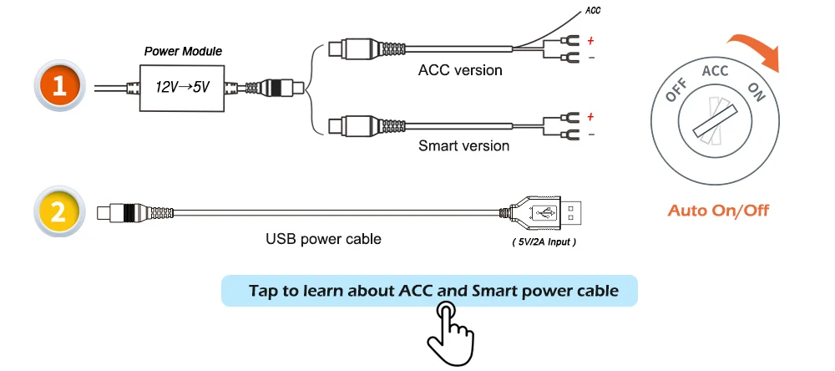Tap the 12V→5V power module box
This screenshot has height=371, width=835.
pos(183,87)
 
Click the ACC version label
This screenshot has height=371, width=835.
pos(460,70)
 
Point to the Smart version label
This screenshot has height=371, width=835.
pos(463,146)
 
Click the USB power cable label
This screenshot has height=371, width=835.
pos(323,239)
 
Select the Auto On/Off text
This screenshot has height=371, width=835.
pos(718,210)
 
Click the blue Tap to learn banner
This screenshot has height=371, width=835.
pos(429,291)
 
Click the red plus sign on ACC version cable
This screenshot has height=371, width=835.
pos(590,39)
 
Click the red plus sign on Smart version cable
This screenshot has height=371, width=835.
pos(590,116)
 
